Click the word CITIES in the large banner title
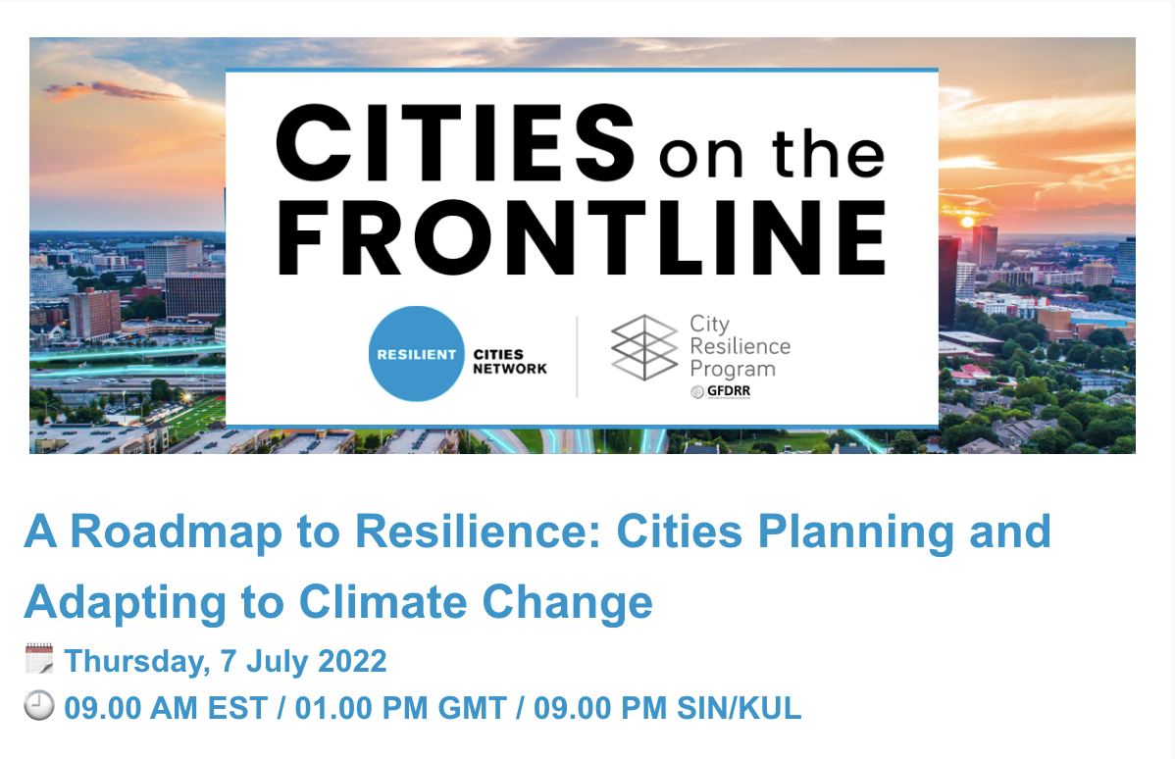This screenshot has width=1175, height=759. [x=456, y=142]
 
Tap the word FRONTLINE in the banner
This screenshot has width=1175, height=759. [x=583, y=238]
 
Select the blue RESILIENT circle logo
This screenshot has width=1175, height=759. [x=417, y=354]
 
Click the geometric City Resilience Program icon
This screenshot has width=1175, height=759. [x=644, y=347]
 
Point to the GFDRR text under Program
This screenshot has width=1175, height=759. [x=729, y=391]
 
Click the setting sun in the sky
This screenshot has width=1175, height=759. [x=967, y=222]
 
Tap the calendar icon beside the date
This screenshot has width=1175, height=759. [x=39, y=659]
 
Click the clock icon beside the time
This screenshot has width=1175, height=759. [x=39, y=705]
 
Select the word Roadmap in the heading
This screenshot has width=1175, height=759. [x=177, y=531]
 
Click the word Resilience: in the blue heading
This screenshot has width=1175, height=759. [x=478, y=531]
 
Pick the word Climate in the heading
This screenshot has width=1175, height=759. [x=383, y=602]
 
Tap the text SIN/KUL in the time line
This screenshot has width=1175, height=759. [x=739, y=708]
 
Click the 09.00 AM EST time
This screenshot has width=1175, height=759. [x=167, y=708]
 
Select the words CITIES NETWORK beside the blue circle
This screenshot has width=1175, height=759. [x=510, y=361]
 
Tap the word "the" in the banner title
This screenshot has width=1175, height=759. [x=828, y=154]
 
